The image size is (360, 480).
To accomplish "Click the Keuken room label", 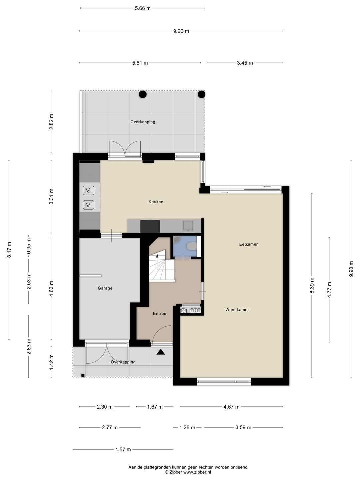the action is (156, 202).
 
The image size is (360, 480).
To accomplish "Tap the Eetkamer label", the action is (248, 244).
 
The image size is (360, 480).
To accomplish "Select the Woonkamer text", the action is (237, 310).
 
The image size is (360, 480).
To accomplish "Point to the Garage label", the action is (105, 288).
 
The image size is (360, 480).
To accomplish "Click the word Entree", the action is (160, 313).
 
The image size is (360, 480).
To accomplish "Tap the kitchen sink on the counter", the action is (188, 226).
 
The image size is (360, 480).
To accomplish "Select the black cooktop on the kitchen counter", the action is (150, 226).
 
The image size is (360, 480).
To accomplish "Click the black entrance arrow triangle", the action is (161, 352).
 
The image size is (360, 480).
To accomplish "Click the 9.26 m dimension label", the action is (181, 31).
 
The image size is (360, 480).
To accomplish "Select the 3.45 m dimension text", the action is (245, 63).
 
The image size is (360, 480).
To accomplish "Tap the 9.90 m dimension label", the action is (351, 269).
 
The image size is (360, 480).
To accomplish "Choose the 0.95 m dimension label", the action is (29, 246).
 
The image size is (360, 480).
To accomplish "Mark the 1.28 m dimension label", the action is (187, 427).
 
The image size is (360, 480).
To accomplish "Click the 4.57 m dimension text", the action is (123, 449).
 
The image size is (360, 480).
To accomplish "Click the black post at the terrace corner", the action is (202, 94).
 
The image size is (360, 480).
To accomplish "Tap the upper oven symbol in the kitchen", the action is (89, 190).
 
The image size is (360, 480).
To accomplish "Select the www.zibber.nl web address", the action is (197, 472).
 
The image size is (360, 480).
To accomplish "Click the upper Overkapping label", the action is (143, 122).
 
